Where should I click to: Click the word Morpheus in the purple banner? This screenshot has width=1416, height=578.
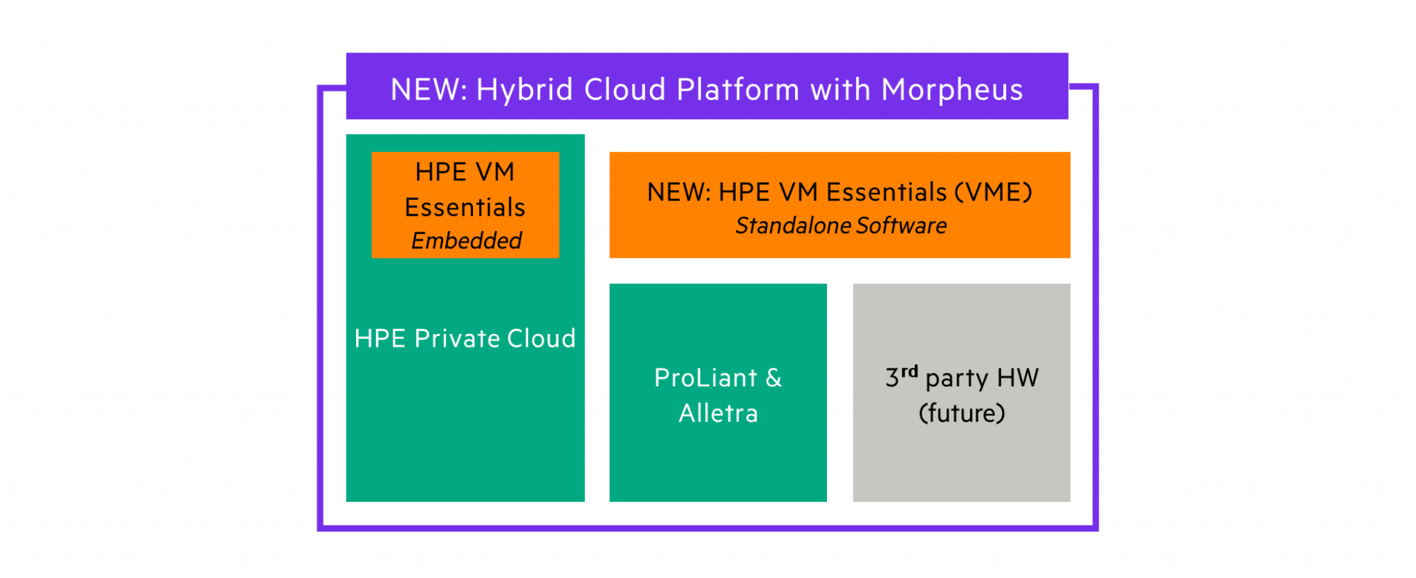pos(951,90)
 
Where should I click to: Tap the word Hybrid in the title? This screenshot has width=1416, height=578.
pos(525,90)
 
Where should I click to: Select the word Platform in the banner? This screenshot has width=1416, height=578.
pos(738,90)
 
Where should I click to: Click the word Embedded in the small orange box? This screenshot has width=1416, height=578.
pos(466,241)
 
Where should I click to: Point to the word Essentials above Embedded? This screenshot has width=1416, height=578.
pos(465,207)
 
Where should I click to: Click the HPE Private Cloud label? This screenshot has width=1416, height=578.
pos(465,339)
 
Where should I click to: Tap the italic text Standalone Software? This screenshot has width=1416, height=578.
pos(841,225)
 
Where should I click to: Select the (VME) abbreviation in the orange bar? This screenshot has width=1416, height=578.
pos(994,192)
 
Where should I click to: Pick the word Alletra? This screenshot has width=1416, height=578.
pos(718,413)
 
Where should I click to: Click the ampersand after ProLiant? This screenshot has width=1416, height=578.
pos(774,378)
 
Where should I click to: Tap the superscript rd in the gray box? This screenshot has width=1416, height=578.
pos(909,372)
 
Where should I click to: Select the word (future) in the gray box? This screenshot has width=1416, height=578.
pos(961,413)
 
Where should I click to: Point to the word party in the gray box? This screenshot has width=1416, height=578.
pos(957,379)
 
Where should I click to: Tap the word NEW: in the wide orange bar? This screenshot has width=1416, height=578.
pos(678,192)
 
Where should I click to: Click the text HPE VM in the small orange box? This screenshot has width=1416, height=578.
pos(465,172)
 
